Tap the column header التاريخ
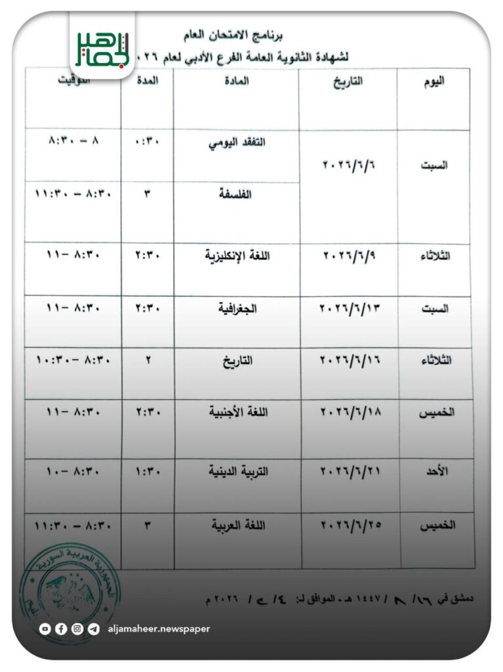pos(347,83)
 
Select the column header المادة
pos(237,83)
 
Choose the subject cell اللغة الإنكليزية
pos(237,256)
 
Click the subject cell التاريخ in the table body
pos(237,360)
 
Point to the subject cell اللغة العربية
pos(237,525)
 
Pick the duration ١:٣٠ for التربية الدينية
pos(148,472)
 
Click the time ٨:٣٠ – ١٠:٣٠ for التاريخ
pos(73,360)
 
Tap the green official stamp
pos(70,583)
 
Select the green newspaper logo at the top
pos(102,45)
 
